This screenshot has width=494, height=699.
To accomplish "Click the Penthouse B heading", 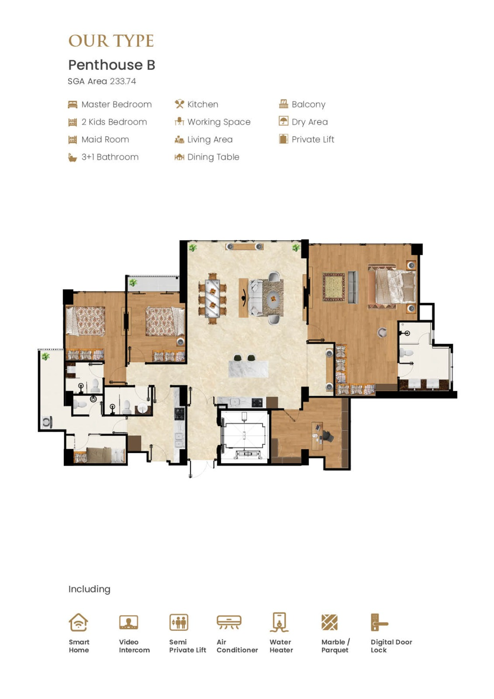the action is pyautogui.click(x=111, y=65).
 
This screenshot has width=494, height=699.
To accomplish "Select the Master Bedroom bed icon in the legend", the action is pyautogui.click(x=73, y=104).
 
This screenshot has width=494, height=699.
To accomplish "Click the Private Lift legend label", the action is pyautogui.click(x=313, y=139).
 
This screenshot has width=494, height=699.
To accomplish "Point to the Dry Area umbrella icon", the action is pyautogui.click(x=283, y=121).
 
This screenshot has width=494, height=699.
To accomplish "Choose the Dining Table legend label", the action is pyautogui.click(x=213, y=157).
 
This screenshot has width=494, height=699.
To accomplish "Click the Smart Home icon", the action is pyautogui.click(x=78, y=622).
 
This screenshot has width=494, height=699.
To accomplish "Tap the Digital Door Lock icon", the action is pyautogui.click(x=379, y=622).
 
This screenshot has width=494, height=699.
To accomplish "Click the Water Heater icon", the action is pyautogui.click(x=279, y=622).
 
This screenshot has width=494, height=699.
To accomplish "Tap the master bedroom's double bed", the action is pyautogui.click(x=393, y=287).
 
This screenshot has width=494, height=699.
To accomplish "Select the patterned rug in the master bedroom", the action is pyautogui.click(x=334, y=287).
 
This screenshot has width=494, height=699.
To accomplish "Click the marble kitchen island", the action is pyautogui.click(x=249, y=369).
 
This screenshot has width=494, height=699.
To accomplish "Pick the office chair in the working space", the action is pyautogui.click(x=328, y=436).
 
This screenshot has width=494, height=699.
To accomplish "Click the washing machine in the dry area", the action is pyautogui.click(x=47, y=422).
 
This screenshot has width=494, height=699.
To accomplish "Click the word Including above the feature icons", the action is pyautogui.click(x=89, y=589).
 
